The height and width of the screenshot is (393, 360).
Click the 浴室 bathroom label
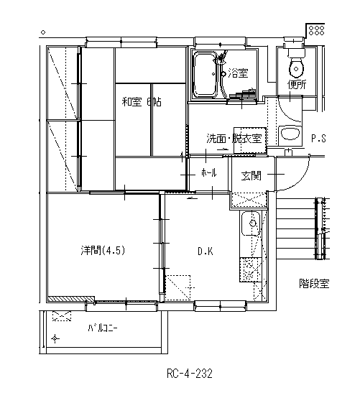238,73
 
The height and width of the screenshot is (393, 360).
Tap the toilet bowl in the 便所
296,68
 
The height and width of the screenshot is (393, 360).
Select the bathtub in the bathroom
205,75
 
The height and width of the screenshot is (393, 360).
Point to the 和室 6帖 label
142,102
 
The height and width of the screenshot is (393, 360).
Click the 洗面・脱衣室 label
234,138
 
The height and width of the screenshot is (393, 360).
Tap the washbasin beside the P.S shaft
290,134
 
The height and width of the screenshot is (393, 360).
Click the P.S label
318,139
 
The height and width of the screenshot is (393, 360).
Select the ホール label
208,172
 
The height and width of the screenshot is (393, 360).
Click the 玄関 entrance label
251,175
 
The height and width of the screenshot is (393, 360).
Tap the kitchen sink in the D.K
250,223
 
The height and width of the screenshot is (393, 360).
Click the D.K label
206,251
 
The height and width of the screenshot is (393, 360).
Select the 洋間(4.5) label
103,251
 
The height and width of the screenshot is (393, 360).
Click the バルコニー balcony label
103,328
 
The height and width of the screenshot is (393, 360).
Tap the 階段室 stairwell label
314,284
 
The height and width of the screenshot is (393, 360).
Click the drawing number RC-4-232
190,374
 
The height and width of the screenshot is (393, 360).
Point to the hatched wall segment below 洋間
71,298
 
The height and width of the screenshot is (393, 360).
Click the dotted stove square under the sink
251,269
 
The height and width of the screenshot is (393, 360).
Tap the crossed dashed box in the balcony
62,316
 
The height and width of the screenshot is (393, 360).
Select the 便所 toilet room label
297,85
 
